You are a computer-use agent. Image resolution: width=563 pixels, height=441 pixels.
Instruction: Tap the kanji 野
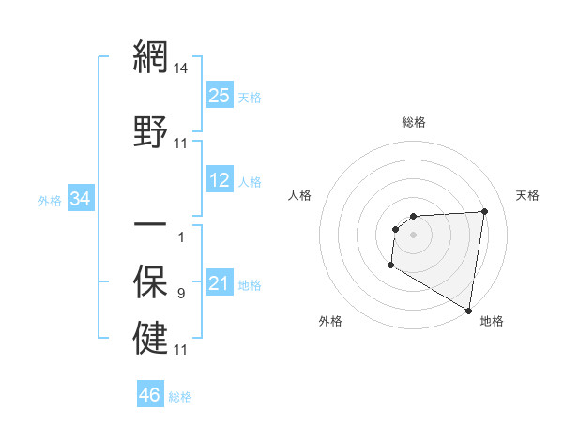[x=149, y=132]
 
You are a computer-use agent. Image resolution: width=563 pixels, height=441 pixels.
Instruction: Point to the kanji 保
[x=149, y=281]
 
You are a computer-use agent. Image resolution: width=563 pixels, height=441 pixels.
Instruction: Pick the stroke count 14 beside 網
[x=181, y=68]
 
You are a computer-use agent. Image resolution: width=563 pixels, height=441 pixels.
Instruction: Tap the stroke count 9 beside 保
[x=181, y=294]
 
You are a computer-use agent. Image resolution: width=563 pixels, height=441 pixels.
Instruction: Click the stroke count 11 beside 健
[x=181, y=350]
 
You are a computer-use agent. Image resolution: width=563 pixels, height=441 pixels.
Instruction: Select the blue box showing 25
[x=220, y=96]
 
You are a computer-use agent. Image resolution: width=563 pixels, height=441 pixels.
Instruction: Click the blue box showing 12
[x=220, y=181]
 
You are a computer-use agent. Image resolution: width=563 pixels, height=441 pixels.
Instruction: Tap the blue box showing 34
[x=81, y=199]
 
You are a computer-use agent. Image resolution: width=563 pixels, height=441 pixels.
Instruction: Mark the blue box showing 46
[x=150, y=395]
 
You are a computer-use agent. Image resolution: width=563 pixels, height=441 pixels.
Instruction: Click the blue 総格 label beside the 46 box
[x=180, y=397]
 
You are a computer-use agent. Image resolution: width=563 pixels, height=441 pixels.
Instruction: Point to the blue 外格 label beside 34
[x=50, y=200]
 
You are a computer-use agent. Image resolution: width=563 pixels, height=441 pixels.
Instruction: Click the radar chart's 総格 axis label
[x=413, y=122]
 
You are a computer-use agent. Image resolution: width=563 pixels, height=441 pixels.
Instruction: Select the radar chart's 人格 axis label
[x=301, y=195]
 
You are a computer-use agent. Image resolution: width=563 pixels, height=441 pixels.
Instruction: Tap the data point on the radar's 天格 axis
[x=484, y=211]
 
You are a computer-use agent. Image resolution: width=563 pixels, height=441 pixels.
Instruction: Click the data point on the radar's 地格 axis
[x=468, y=311]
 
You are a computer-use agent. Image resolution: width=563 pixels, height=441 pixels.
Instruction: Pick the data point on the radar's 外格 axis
[x=389, y=266]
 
